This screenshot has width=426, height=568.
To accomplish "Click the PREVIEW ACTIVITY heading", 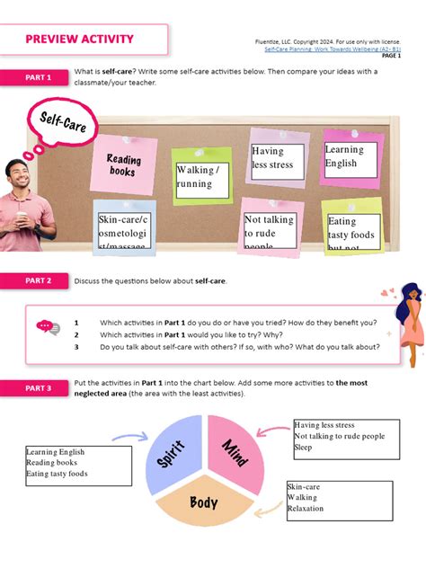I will [x=79, y=39].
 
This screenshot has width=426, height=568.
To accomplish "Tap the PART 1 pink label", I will [x=38, y=78].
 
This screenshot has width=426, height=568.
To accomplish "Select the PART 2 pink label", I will [x=38, y=281].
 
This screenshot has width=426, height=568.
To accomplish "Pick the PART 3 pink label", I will [x=38, y=388].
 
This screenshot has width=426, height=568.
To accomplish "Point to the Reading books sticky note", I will [x=124, y=164].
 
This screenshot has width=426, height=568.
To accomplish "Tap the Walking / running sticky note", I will [x=200, y=176].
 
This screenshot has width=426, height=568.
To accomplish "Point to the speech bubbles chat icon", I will [x=48, y=329].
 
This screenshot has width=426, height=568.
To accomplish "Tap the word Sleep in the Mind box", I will [x=304, y=448].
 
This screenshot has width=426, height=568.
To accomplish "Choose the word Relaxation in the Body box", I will [x=306, y=509].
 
